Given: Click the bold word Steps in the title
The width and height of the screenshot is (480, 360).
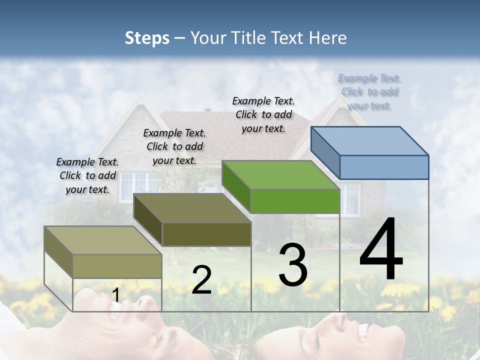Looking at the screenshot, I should [147, 38].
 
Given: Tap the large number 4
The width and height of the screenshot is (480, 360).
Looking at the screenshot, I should [381, 250].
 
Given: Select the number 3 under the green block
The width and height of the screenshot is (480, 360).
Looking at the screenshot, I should [293, 265].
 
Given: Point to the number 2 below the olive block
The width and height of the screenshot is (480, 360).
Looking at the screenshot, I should [201, 280].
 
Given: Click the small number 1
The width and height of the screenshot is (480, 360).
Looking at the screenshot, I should [115, 296].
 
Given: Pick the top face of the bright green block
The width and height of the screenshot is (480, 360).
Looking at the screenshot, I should [280, 175].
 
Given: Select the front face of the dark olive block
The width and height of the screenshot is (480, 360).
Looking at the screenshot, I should [206, 234].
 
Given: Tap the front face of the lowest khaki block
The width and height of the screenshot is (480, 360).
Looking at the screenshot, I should [117, 266].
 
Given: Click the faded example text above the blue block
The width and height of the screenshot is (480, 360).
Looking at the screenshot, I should [369, 92].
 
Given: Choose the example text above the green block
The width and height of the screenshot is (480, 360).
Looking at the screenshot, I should [263, 115].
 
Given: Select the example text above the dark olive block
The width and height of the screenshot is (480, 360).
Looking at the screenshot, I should [174, 146].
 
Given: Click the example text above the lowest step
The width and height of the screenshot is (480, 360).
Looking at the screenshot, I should [87, 175].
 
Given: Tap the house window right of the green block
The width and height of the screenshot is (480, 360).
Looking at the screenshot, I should [350, 198].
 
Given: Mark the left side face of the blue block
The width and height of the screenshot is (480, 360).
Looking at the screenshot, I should [325, 152].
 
